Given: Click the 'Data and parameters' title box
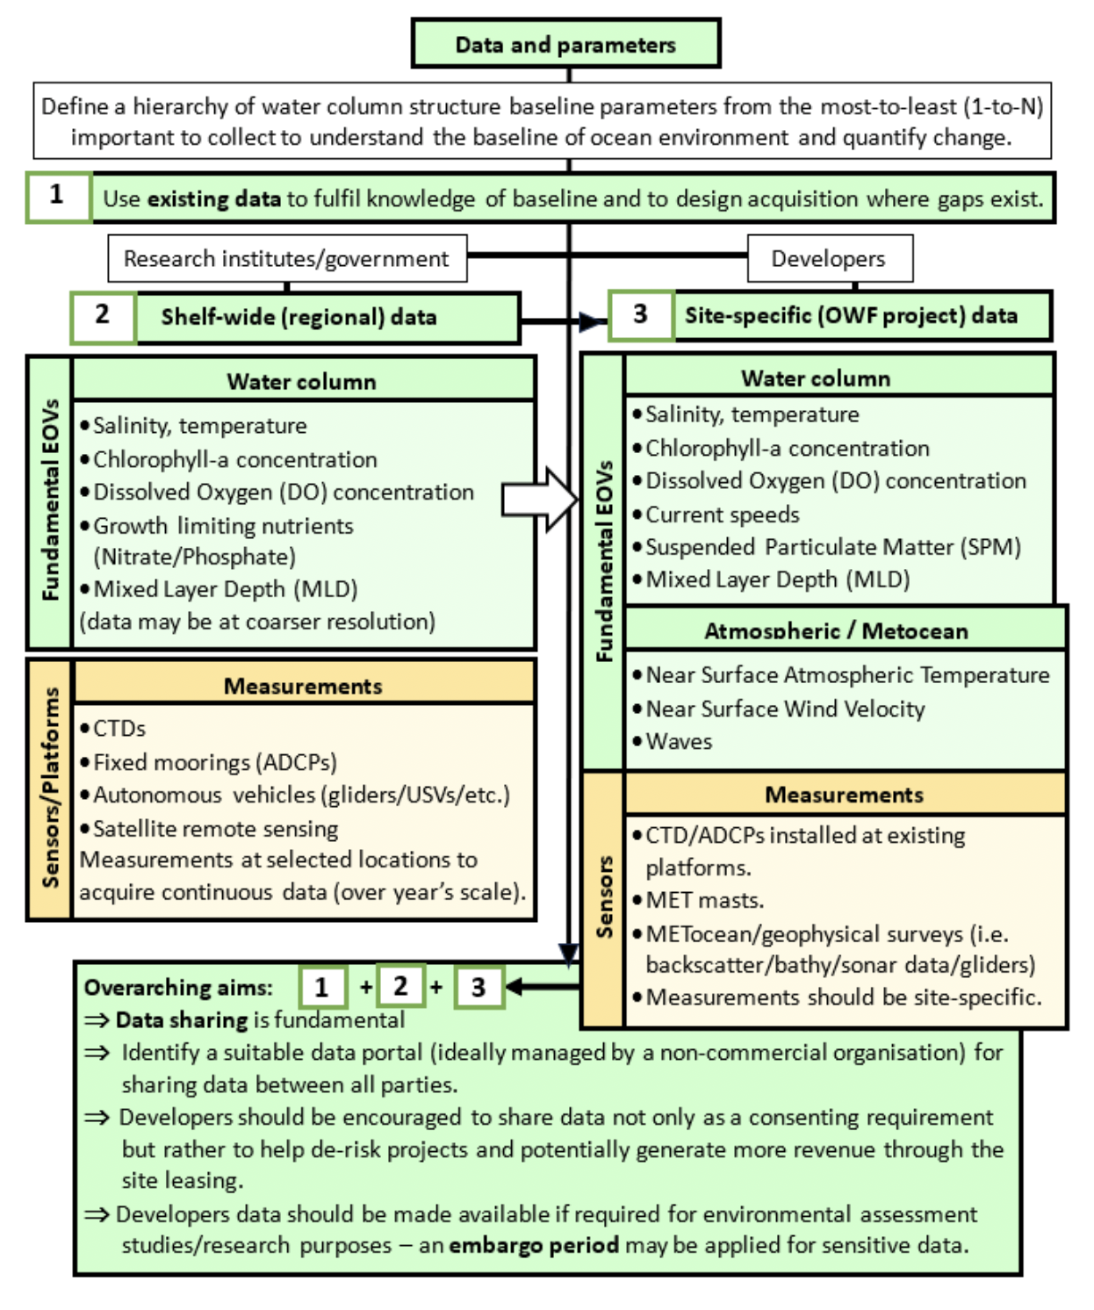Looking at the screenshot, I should point(565,44).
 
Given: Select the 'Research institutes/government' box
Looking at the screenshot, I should point(286,259).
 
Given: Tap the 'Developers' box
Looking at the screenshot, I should point(829,259).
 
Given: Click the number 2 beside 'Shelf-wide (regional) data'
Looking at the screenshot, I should point(103,315).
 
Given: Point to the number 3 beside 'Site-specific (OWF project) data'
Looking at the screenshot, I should point(640,314).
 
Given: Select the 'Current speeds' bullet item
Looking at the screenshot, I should point(723,515).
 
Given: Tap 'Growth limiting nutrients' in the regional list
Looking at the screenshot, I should point(223,526).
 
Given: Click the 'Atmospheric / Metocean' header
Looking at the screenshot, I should point(836,630).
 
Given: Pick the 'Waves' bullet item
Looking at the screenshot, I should point(679,742).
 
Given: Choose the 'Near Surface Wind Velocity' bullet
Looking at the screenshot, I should point(785,709).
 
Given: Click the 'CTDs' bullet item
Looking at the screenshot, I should point(119,729).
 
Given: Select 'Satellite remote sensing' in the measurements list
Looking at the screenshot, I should point(215,829).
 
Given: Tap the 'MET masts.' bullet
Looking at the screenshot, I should point(704,901).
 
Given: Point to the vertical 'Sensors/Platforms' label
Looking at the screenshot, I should point(51,788).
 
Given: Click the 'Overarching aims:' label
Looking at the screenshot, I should point(178,988).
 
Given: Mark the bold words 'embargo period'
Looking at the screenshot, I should point(533,1246).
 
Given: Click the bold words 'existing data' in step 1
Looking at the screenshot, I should point(213,199).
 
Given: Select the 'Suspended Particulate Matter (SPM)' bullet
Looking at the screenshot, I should point(832,547).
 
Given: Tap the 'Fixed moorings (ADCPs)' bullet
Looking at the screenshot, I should point(215,762).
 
